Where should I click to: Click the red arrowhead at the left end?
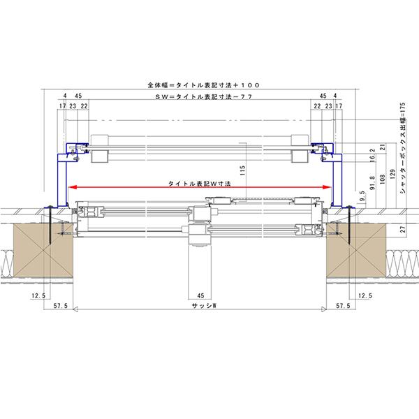[x=73, y=187]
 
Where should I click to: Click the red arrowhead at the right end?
[x=327, y=187]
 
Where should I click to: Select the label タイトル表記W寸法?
[x=199, y=184]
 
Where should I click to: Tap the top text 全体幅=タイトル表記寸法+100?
[x=204, y=85]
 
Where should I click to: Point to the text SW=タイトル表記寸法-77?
[x=204, y=97]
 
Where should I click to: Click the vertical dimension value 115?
[x=242, y=170]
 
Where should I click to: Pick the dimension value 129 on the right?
[x=392, y=174]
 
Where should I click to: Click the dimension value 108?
[x=383, y=179]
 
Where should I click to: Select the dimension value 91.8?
[x=372, y=183]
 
